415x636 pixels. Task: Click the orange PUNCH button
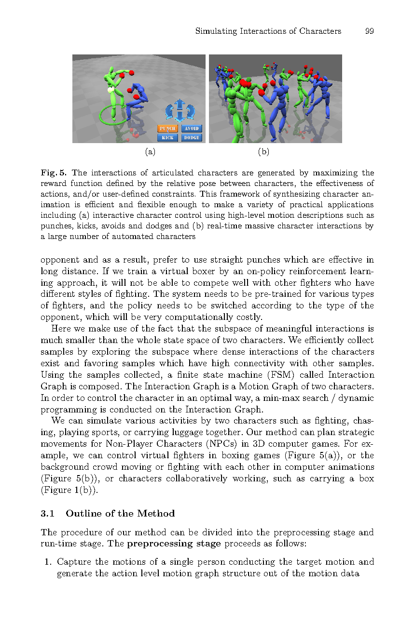(x=167, y=129)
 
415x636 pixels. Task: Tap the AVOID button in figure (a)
(x=192, y=129)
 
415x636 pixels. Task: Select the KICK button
(x=167, y=138)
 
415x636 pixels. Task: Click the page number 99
(x=370, y=31)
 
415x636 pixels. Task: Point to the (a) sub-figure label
(x=151, y=152)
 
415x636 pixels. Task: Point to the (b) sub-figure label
(x=263, y=152)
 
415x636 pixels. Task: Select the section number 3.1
(x=47, y=514)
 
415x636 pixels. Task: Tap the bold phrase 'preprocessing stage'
(x=174, y=544)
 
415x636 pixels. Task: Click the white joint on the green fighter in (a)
(x=111, y=90)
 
